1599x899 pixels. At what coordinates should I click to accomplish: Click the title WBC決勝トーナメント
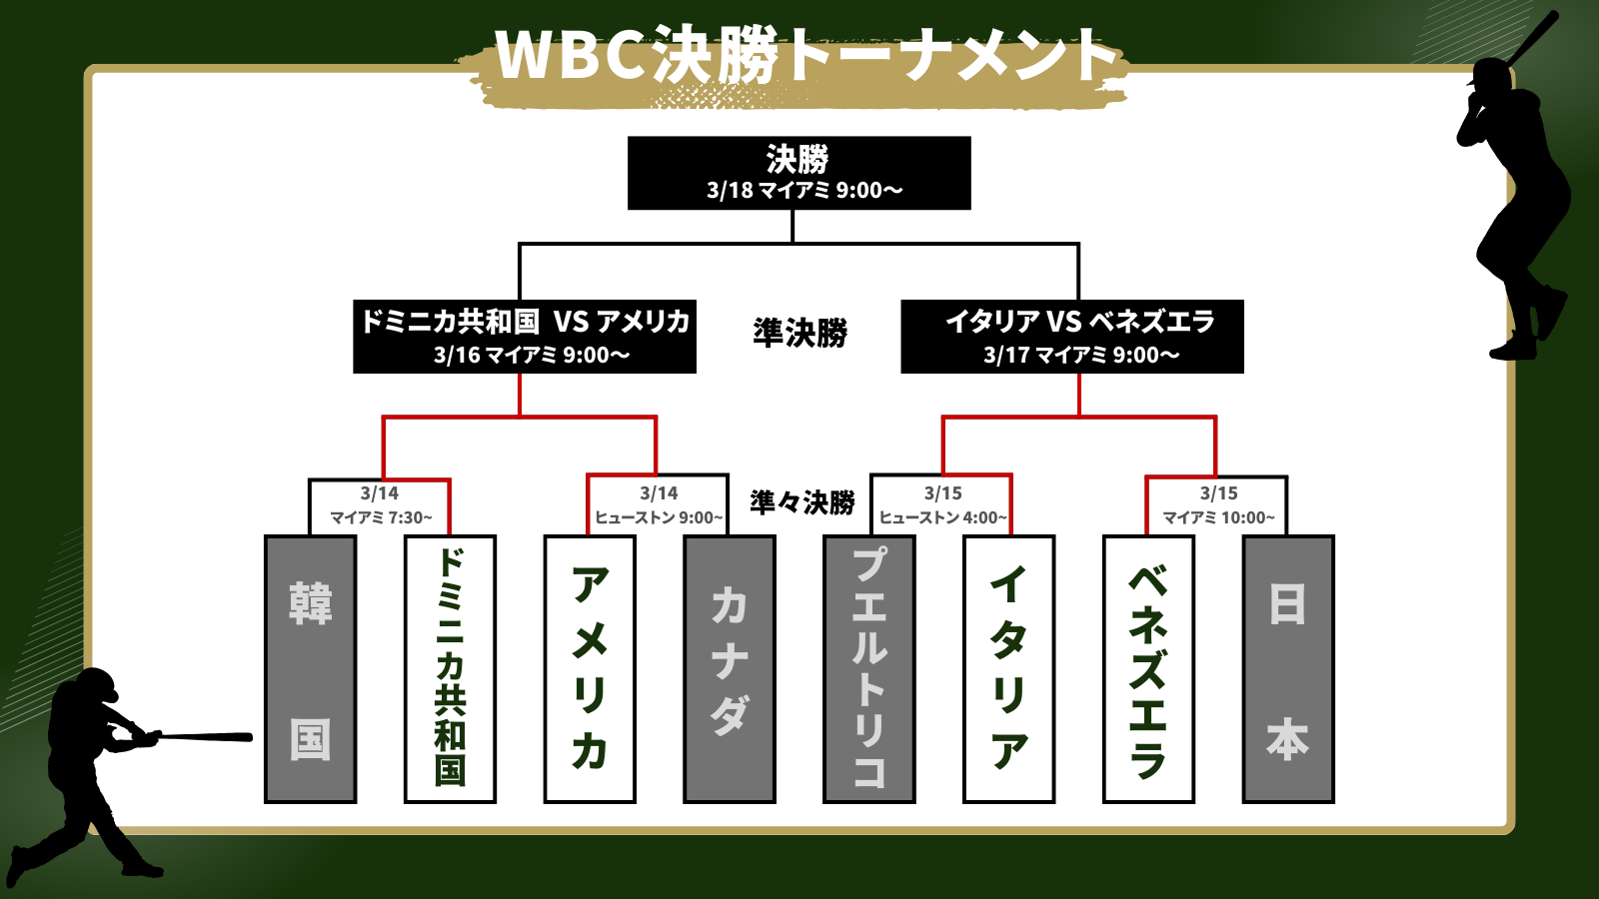point(805,56)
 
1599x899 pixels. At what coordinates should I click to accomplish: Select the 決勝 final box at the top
point(799,173)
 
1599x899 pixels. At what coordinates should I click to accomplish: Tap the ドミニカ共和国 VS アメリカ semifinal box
point(525,337)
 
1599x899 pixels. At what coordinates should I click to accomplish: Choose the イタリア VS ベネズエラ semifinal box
point(1072,337)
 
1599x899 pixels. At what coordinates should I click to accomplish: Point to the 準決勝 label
point(799,333)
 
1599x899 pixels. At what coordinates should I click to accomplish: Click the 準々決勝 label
point(801,501)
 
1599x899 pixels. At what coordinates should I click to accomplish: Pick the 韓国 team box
point(310,669)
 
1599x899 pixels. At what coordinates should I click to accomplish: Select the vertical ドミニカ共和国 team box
point(450,669)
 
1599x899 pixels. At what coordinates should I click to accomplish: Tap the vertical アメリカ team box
point(590,669)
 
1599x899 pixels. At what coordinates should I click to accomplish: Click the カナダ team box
point(730,669)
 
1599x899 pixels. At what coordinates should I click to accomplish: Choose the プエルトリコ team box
point(868,669)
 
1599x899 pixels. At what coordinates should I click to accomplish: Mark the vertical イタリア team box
point(1008,669)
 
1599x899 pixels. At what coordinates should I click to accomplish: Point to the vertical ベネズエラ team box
point(1148,669)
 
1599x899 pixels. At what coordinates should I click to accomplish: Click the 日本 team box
point(1288,669)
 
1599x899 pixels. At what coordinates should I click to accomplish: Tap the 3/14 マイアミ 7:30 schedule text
point(380,505)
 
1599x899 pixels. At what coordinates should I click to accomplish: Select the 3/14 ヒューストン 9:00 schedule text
point(659,505)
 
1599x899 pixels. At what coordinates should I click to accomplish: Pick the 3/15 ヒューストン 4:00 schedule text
point(942,505)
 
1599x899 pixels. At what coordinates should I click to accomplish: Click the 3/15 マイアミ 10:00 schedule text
point(1218,505)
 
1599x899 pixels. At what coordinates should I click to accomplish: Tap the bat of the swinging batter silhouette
point(205,737)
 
